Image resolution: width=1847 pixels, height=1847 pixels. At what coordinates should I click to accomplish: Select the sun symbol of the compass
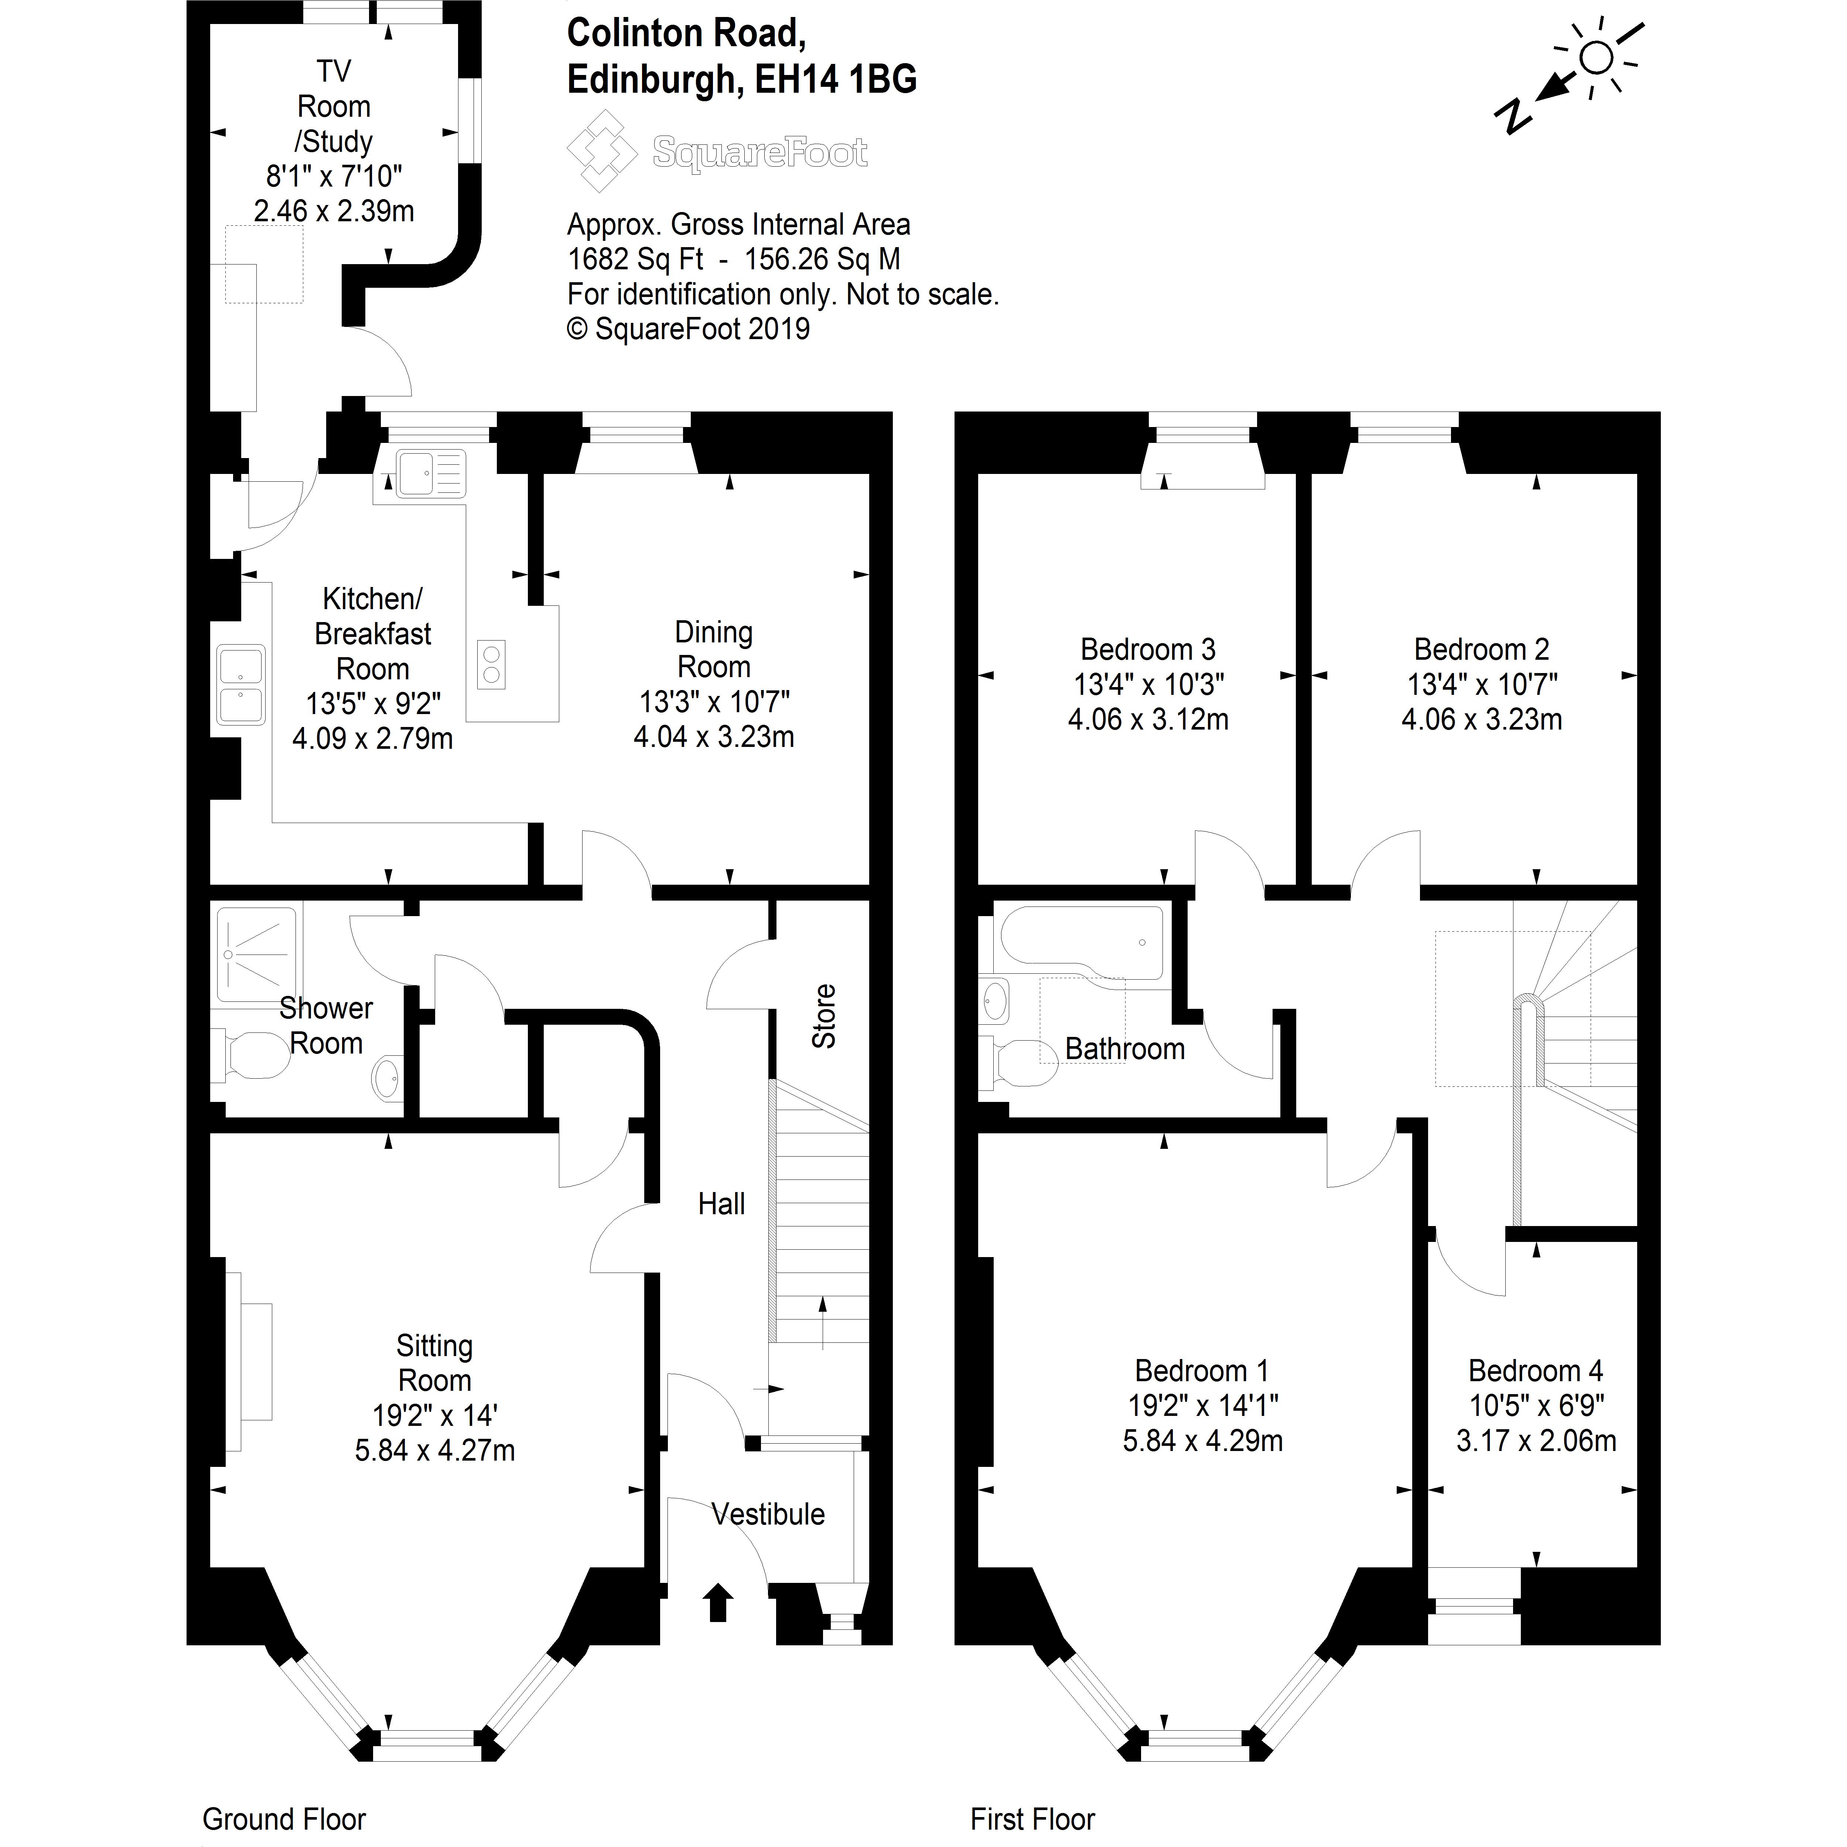1595,58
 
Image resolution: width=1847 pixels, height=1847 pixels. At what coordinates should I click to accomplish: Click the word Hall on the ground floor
721,1204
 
